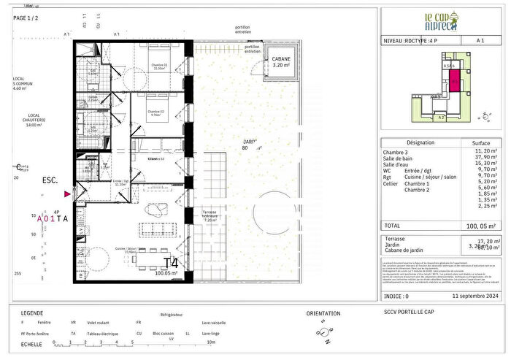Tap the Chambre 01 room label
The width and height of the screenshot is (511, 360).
(159, 65)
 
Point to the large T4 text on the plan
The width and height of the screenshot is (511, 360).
(171, 263)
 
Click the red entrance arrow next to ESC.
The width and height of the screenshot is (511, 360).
(68, 194)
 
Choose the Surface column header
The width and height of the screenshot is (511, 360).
(481, 143)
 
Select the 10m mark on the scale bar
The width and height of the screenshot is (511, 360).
(210, 342)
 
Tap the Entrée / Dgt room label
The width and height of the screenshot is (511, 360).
(121, 181)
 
